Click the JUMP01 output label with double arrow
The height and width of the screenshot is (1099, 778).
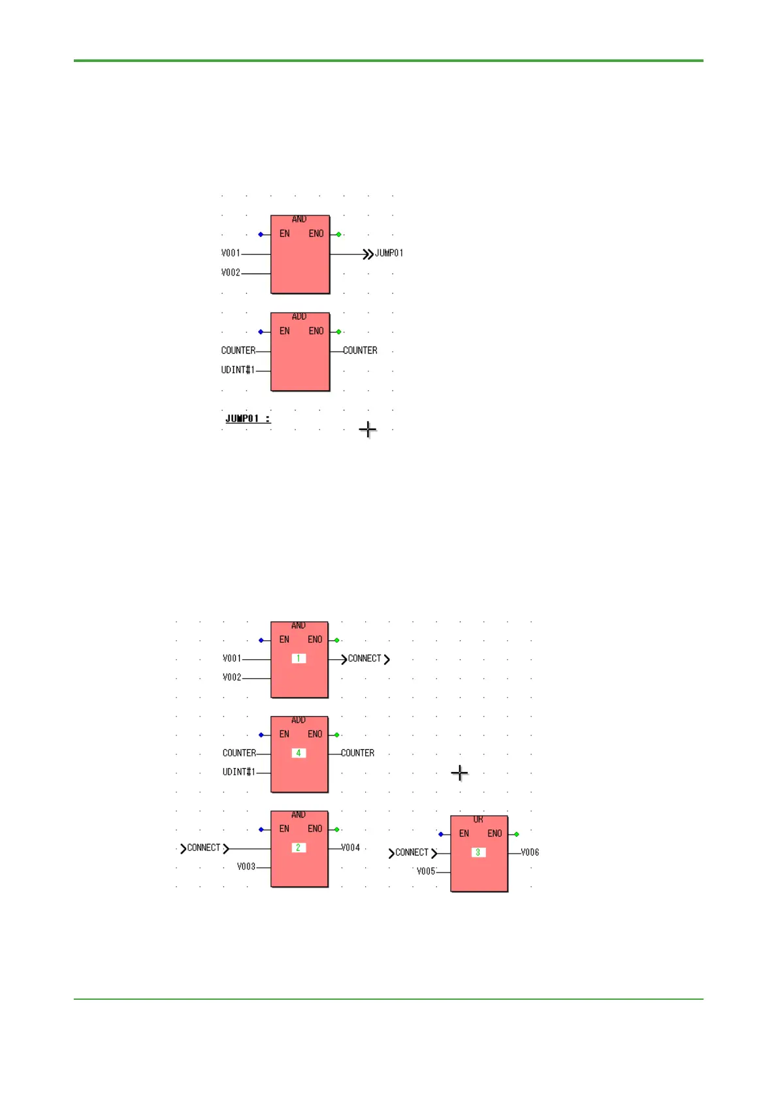click(x=383, y=254)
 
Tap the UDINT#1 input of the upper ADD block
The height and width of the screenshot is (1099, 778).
click(x=238, y=370)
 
